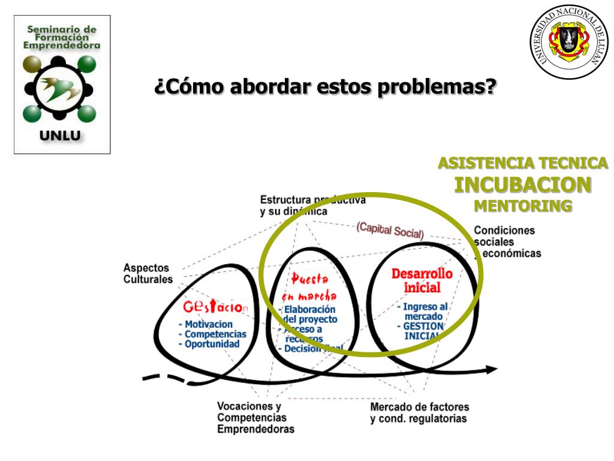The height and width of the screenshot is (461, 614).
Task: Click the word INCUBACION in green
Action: point(523,184)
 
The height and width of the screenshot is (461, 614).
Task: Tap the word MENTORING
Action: point(523,205)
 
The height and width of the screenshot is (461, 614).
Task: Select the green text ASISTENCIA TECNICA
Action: point(523,163)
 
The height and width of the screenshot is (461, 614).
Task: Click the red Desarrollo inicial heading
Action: point(422,280)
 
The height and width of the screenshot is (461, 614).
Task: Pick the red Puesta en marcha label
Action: point(309,287)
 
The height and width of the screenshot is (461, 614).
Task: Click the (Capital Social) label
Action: point(390,230)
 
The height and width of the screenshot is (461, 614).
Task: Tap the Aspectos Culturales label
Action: point(148,273)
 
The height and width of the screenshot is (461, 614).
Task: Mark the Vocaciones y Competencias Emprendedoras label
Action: point(255,417)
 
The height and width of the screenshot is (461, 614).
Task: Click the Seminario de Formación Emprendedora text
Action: point(62,36)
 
